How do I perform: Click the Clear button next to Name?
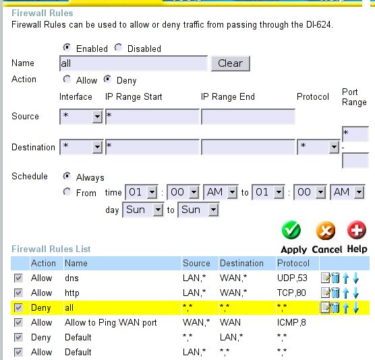230,63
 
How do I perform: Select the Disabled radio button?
118,47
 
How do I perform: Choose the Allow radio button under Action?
67,79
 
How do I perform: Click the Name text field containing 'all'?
134,63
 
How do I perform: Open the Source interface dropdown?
82,117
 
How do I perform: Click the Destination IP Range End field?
248,147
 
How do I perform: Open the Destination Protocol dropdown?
318,147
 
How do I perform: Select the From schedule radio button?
67,191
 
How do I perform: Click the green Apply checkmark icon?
291,230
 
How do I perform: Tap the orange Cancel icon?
326,231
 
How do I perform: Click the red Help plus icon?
357,230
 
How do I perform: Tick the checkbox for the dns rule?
18,278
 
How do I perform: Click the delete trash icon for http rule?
335,293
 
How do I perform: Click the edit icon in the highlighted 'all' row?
325,307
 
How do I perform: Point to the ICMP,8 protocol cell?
291,322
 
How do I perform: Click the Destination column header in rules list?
241,263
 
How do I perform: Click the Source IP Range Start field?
152,117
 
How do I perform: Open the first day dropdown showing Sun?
143,210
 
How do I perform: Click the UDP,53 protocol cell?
292,278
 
